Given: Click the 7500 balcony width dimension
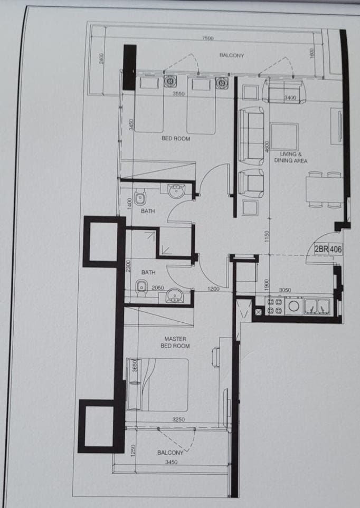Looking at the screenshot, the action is [207, 38].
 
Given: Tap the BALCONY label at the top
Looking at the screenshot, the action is [232, 55].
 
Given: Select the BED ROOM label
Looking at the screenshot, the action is [176, 138].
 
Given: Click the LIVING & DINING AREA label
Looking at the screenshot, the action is [291, 157].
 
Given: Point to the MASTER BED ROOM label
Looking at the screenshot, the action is [175, 342].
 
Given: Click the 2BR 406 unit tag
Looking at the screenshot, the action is [328, 249].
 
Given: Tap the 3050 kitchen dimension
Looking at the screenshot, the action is [285, 290].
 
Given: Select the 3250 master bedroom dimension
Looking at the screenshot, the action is [178, 419].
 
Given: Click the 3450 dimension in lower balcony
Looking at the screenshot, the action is [171, 462].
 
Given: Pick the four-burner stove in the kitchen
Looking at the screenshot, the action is [275, 306].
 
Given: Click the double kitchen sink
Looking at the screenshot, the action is [317, 306].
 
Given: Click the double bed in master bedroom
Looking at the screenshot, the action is [158, 384].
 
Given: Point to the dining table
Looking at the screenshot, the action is [324, 190].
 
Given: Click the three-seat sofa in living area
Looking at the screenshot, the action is [251, 137].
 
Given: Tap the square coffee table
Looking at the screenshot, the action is [285, 137].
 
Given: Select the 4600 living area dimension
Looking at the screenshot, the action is [267, 147].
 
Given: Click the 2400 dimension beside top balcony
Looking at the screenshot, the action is [101, 59].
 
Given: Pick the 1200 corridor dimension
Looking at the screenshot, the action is [213, 289].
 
